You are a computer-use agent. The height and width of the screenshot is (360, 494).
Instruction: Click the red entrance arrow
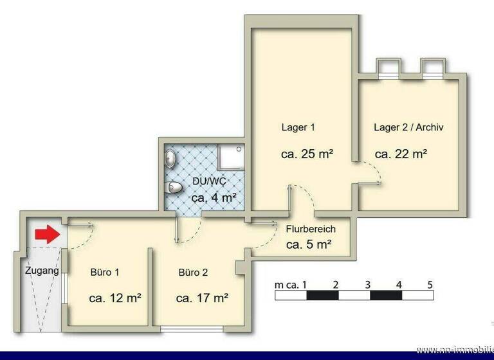tap(46, 235)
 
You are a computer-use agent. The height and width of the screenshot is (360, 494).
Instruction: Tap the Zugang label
tap(42, 271)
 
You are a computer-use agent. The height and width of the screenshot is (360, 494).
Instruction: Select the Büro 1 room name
tap(105, 272)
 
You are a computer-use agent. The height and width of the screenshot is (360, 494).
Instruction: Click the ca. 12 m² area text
tap(115, 298)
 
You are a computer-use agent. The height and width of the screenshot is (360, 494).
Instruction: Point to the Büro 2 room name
tap(193, 272)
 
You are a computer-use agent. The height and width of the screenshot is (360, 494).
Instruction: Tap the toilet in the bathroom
tap(174, 187)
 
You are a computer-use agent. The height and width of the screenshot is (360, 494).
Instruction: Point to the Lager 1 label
tap(298, 127)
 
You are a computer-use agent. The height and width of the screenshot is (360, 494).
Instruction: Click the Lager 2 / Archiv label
tap(408, 127)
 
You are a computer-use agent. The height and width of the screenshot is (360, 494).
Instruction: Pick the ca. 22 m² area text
tap(401, 154)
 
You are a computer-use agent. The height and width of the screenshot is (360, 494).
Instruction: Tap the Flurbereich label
tap(311, 229)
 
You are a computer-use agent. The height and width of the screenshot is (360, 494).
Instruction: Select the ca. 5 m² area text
tap(309, 244)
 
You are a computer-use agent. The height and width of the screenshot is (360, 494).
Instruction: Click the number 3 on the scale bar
tap(367, 284)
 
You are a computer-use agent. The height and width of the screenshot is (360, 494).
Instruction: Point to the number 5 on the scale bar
tap(430, 284)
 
